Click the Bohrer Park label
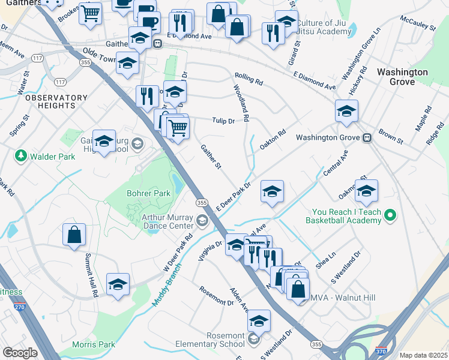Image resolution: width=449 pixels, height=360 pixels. click(x=149, y=193)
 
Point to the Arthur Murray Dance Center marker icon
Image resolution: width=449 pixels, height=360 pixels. click(x=202, y=221)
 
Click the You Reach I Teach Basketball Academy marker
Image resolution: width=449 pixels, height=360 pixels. click(x=391, y=214)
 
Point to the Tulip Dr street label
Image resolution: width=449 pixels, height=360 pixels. click(x=222, y=121)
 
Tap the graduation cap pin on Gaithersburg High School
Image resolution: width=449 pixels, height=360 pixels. click(x=104, y=142)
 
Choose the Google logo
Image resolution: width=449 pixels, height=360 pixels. click(x=20, y=353)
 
